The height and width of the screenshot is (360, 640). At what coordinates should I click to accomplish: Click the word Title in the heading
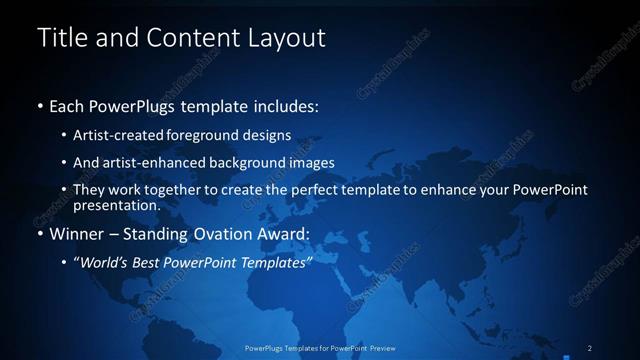coord(60,38)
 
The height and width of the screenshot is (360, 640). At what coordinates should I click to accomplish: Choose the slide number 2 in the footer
coord(589,348)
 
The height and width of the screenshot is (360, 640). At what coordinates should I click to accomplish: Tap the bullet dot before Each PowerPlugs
coord(39,106)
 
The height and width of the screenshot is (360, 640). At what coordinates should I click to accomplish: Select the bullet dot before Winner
coord(39,236)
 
